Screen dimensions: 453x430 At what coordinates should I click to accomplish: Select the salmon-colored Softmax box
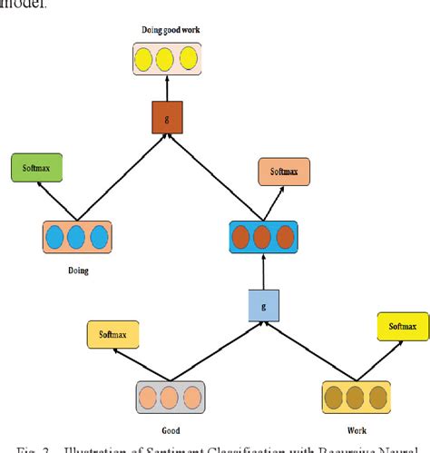coord(284,171)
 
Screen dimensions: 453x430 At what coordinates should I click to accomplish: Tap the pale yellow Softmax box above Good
coord(113,336)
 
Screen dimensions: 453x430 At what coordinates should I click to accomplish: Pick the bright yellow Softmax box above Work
coord(402,327)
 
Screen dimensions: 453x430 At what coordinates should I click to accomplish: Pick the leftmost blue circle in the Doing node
coord(54,238)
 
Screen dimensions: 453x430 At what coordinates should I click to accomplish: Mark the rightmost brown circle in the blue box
coord(284,238)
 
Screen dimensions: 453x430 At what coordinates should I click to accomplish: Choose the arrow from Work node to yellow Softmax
coord(375,359)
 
